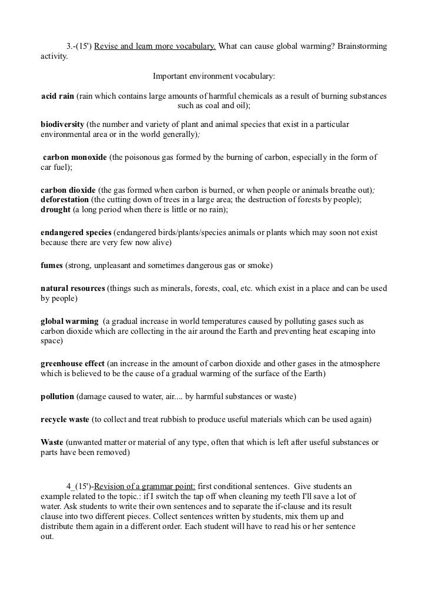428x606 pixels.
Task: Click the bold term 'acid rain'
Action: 58,96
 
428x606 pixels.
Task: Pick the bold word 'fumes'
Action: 52,266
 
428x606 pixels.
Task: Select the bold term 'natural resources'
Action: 73,289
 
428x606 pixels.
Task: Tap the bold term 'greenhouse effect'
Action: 73,364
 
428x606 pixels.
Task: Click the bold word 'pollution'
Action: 57,397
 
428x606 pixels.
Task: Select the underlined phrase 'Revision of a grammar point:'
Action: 145,486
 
